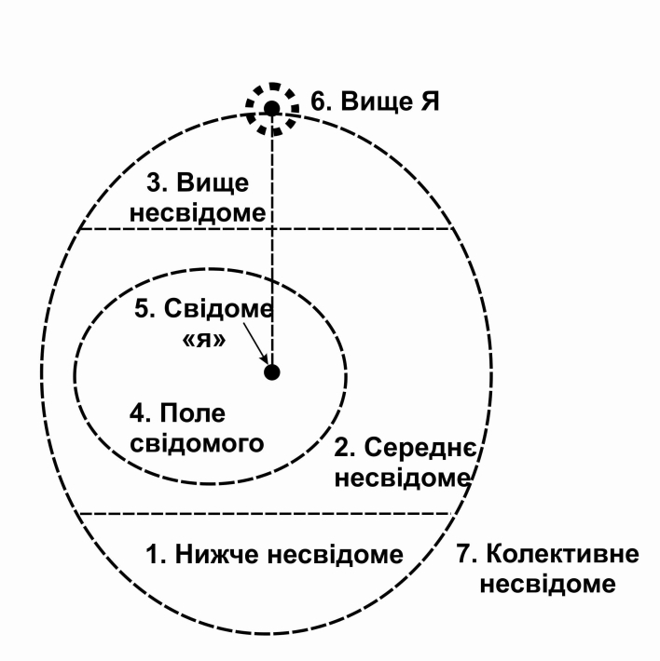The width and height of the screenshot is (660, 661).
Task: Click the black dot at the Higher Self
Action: (271, 109)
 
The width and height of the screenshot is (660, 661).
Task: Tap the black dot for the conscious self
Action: (272, 372)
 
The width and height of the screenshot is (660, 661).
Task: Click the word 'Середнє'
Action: (417, 450)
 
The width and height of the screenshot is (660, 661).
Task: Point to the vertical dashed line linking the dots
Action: (272, 261)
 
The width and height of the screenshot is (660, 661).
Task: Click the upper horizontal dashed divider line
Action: (373, 229)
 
